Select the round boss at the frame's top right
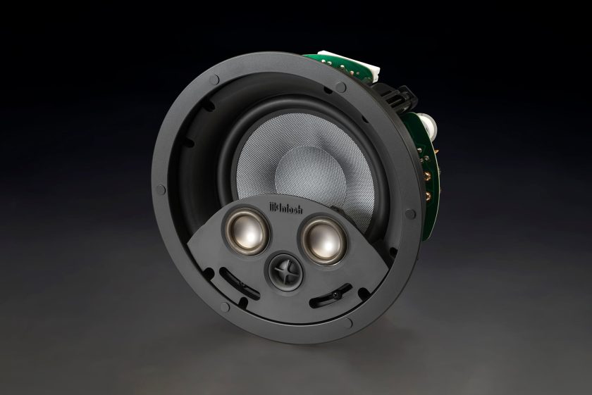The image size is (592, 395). (x=340, y=88)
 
